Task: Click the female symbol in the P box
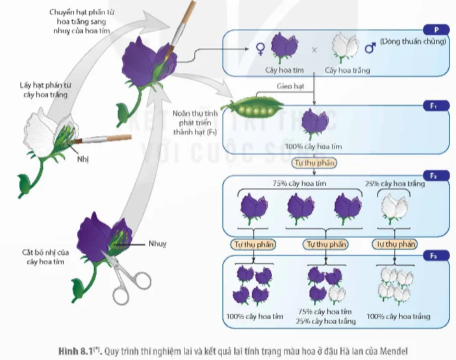(x=260, y=49)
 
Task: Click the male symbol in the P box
(x=370, y=48)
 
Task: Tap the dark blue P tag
(x=436, y=29)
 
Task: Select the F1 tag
(x=436, y=106)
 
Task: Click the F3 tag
(x=436, y=256)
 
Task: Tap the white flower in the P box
(x=345, y=47)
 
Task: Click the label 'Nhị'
(x=83, y=159)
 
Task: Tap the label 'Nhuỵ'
(x=157, y=244)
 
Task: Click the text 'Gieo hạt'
(x=290, y=86)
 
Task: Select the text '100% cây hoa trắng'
(x=398, y=316)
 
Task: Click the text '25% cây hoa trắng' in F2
(x=395, y=183)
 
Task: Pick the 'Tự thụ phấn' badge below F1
(x=314, y=163)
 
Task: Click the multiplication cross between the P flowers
(x=314, y=50)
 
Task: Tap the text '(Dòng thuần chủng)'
(x=413, y=41)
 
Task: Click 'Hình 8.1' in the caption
(x=77, y=351)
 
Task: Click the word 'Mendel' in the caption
(x=394, y=351)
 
